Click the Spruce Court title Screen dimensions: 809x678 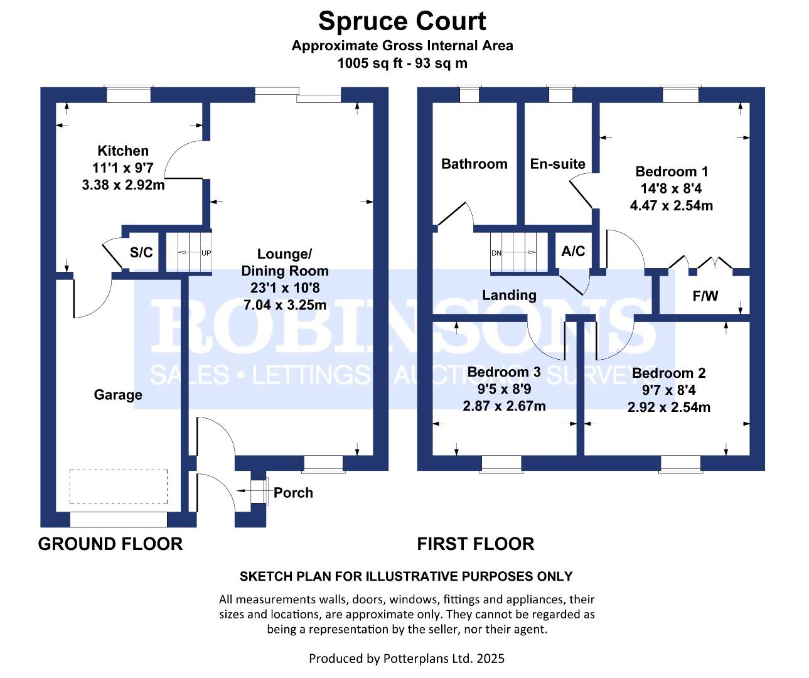click(x=402, y=22)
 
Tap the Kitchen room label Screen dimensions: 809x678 click(x=123, y=151)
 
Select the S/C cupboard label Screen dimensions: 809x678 click(x=141, y=252)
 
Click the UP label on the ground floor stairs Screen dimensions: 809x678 click(x=206, y=253)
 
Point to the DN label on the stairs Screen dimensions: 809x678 click(x=496, y=253)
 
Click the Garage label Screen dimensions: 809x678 click(x=118, y=395)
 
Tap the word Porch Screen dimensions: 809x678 click(x=293, y=493)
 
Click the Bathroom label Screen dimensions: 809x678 click(x=474, y=164)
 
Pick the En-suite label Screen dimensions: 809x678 click(x=557, y=164)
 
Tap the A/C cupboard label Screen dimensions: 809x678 click(x=573, y=251)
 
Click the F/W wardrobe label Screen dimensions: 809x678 click(x=705, y=296)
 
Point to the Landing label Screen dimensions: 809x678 click(x=509, y=296)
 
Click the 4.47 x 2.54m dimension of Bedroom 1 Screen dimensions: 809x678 click(x=672, y=205)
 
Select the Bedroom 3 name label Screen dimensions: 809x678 click(x=504, y=372)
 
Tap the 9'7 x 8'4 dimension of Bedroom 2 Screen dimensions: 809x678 click(x=669, y=390)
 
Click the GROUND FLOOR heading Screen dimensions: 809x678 click(x=110, y=544)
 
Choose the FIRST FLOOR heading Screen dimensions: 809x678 click(x=475, y=544)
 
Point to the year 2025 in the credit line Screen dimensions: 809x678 click(x=491, y=659)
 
